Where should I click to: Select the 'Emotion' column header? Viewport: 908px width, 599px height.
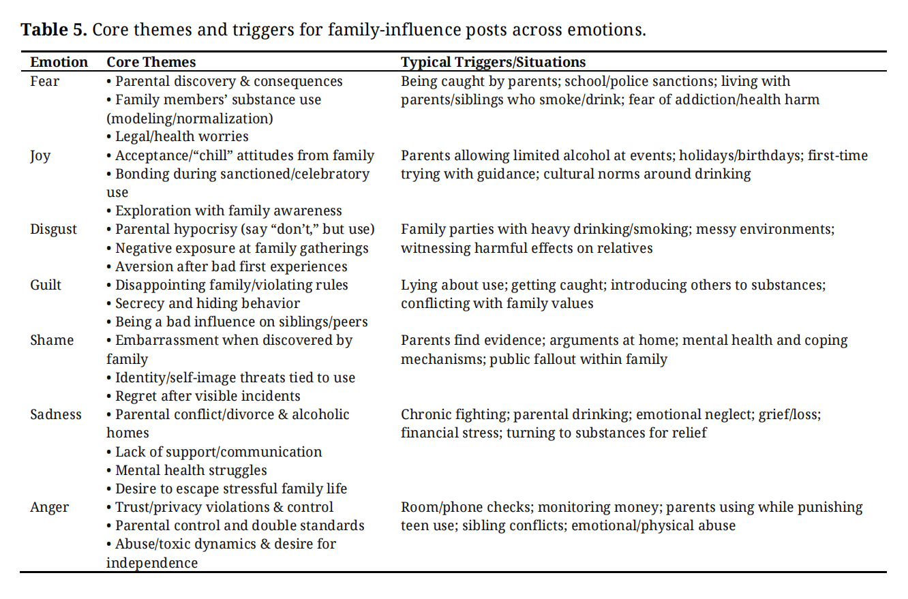tap(59, 62)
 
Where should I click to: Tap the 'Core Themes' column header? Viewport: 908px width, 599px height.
tap(151, 62)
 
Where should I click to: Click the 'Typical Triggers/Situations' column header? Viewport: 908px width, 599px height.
tap(493, 62)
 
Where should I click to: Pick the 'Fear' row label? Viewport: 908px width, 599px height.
tap(44, 81)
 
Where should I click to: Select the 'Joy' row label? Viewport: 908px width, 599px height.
tap(40, 156)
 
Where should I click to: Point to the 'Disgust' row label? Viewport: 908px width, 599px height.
tap(53, 230)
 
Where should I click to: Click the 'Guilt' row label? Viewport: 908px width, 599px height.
tap(46, 285)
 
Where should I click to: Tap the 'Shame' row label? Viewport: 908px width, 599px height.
tap(51, 340)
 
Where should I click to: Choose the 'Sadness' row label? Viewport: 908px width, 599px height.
tap(56, 414)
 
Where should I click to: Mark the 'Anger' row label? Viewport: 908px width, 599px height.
tap(50, 507)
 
